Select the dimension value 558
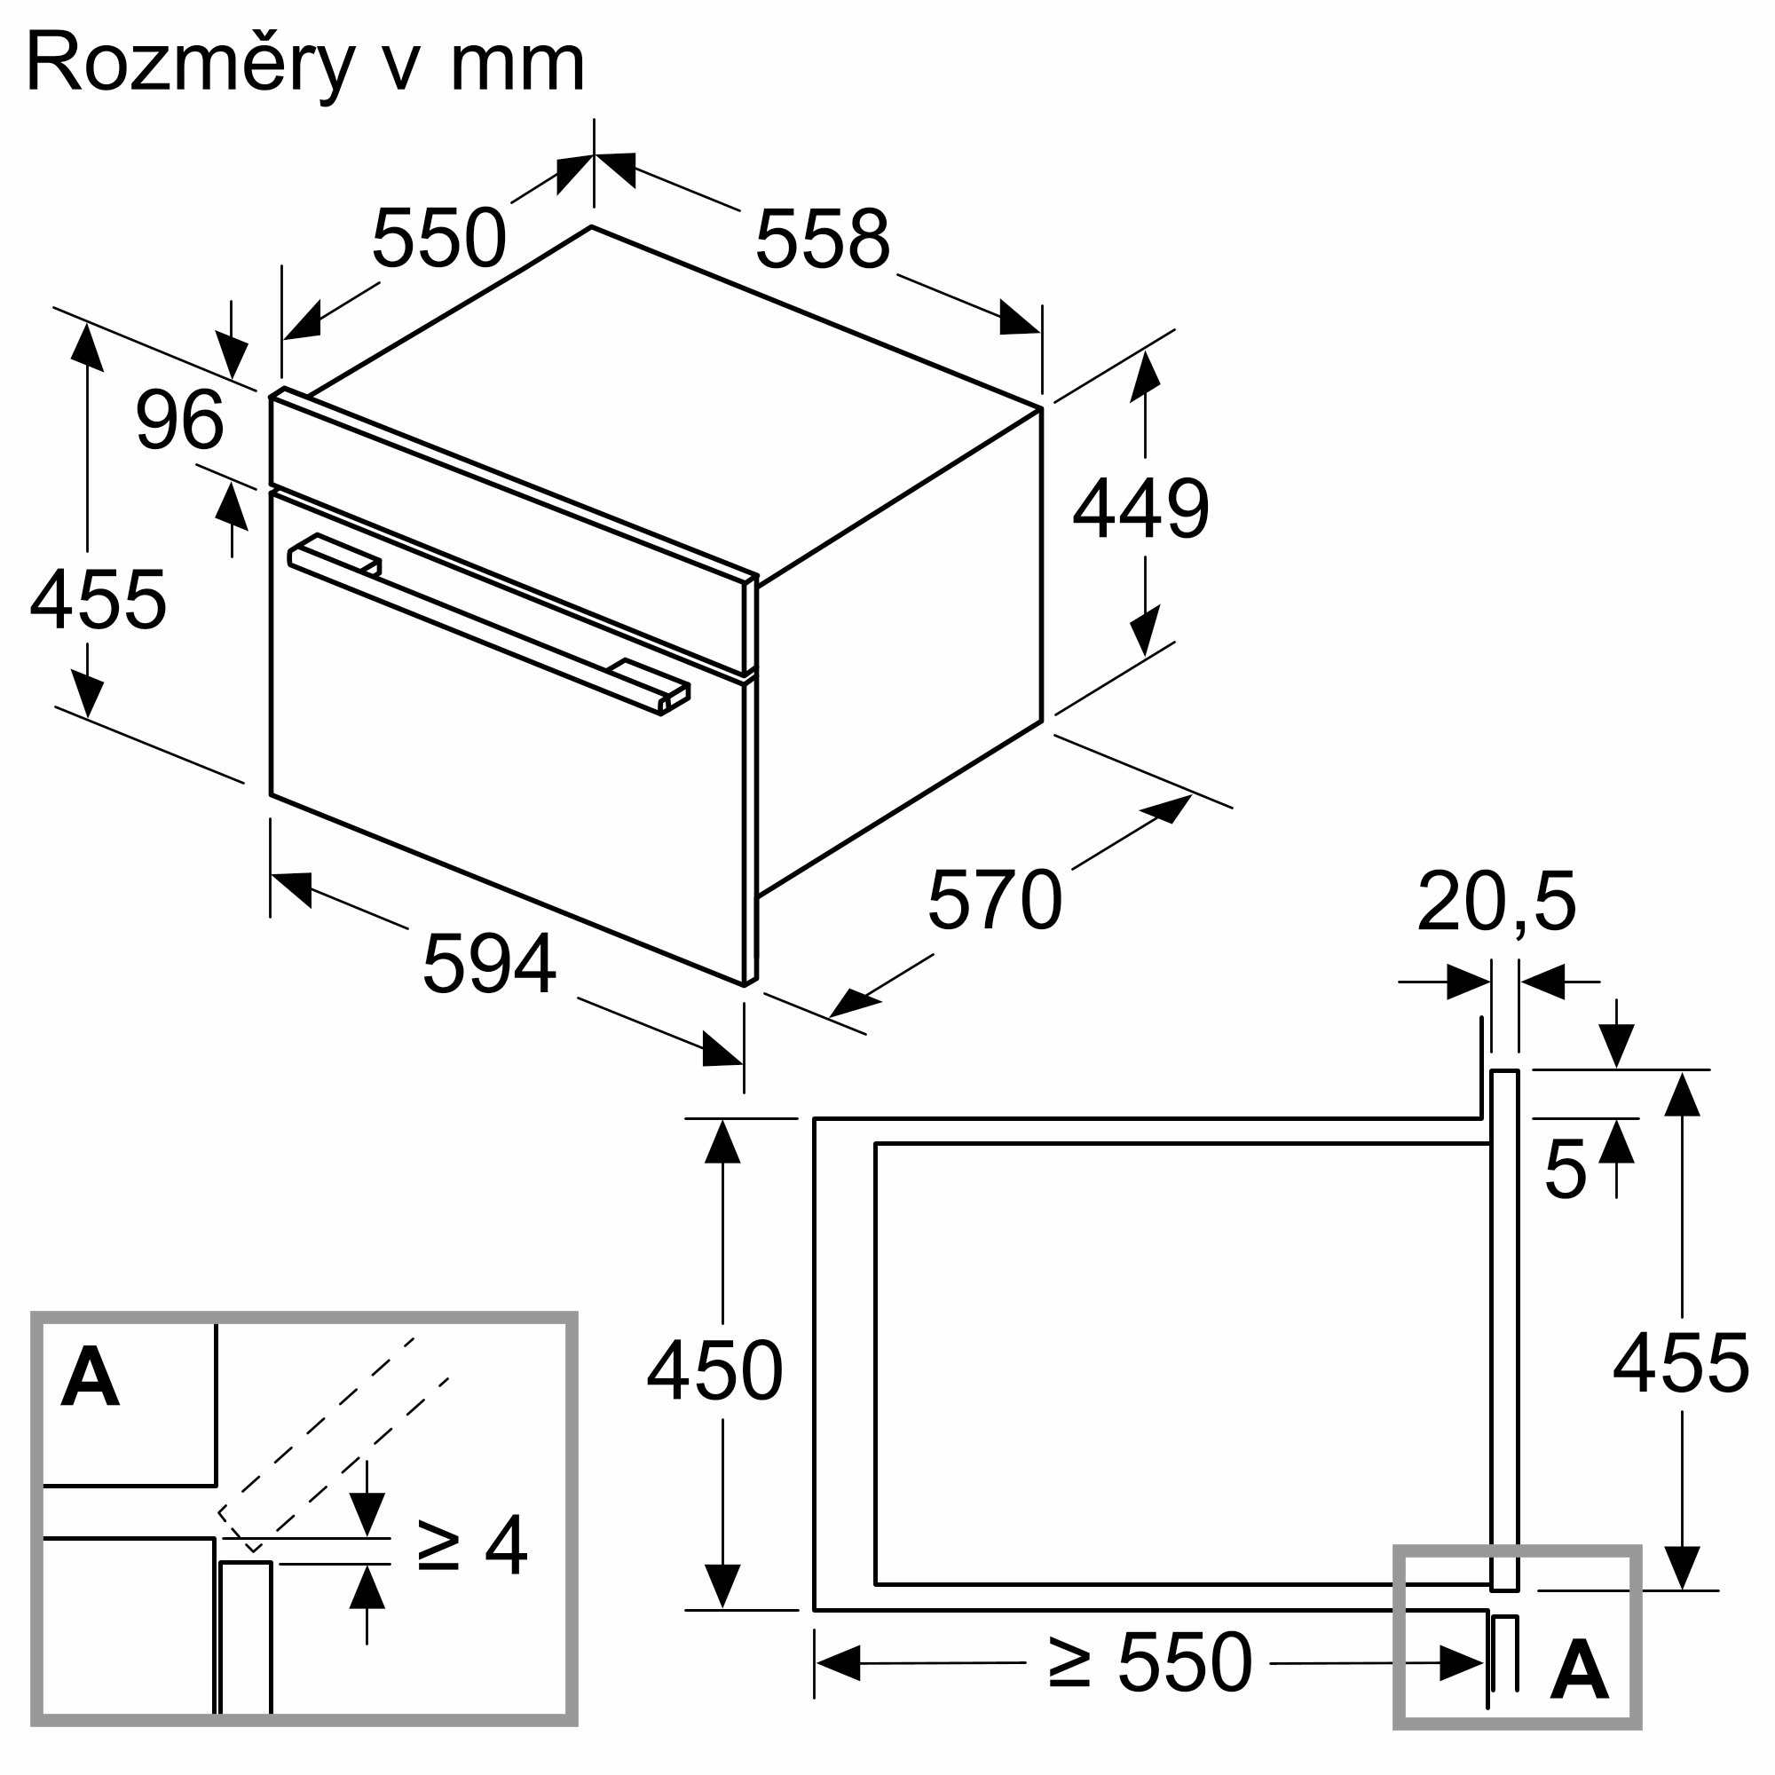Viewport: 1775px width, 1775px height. tap(823, 240)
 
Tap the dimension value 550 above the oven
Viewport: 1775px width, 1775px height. tap(438, 239)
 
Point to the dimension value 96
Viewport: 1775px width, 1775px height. tap(179, 421)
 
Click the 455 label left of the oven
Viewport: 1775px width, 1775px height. tap(98, 600)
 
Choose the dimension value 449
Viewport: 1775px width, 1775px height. tap(1140, 509)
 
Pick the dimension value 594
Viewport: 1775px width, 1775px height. tap(489, 964)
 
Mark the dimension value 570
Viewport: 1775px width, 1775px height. tap(995, 900)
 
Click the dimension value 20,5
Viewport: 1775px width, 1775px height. tap(1496, 902)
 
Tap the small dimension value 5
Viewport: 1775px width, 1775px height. tap(1566, 1170)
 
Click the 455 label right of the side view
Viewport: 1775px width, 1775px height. tap(1680, 1364)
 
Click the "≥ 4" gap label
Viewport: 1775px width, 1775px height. tap(472, 1545)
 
